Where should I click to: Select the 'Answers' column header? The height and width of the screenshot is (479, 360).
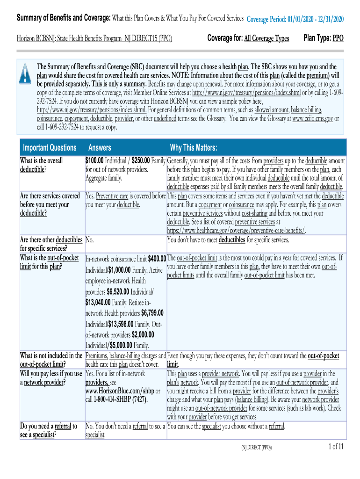click(x=100, y=148)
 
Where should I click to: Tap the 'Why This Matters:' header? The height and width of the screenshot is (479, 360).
click(x=194, y=148)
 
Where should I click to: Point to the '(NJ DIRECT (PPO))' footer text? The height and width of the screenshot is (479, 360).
click(x=256, y=448)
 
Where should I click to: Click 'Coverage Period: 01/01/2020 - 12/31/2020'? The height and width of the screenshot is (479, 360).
click(x=295, y=19)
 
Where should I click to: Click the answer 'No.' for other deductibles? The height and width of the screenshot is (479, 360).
click(x=90, y=240)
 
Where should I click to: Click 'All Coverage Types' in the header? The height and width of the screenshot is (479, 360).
click(x=266, y=38)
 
